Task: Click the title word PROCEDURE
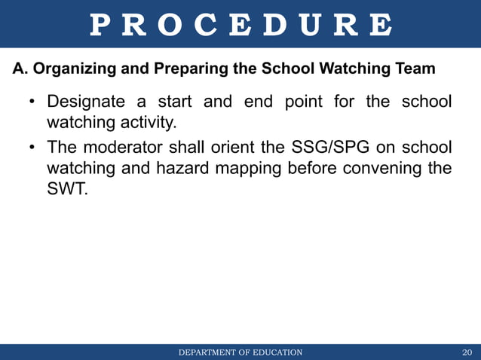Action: [240, 25]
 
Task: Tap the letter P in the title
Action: [99, 25]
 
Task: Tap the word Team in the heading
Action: [415, 69]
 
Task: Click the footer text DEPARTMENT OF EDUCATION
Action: [240, 352]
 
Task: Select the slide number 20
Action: [467, 352]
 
